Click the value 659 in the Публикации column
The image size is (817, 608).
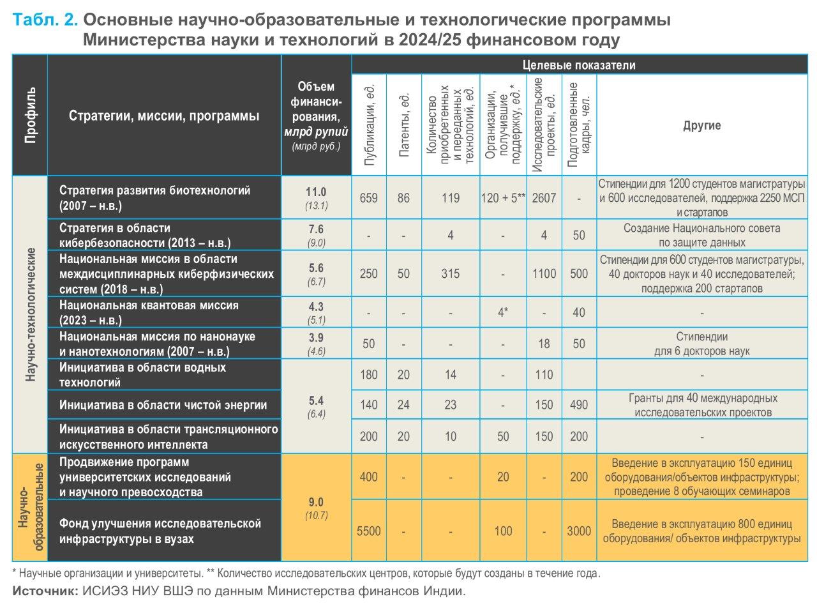click(368, 198)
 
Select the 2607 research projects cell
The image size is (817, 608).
click(544, 198)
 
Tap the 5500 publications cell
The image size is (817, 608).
click(368, 531)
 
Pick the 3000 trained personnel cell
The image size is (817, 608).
click(579, 531)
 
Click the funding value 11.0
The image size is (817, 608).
click(316, 192)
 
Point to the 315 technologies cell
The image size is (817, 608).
click(450, 274)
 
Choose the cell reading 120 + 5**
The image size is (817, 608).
click(503, 198)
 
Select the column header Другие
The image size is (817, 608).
click(701, 125)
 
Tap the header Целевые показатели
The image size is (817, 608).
click(578, 65)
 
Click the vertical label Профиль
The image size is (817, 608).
click(30, 115)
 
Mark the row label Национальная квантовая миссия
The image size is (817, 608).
click(149, 305)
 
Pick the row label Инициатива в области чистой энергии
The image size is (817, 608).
click(163, 405)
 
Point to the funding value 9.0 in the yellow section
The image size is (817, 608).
click(316, 502)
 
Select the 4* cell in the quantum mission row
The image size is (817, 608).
click(503, 312)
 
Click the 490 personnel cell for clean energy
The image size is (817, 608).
click(579, 405)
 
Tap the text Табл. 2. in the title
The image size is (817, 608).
click(45, 20)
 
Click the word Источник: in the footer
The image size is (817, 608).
click(45, 591)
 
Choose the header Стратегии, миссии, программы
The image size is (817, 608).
click(164, 116)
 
